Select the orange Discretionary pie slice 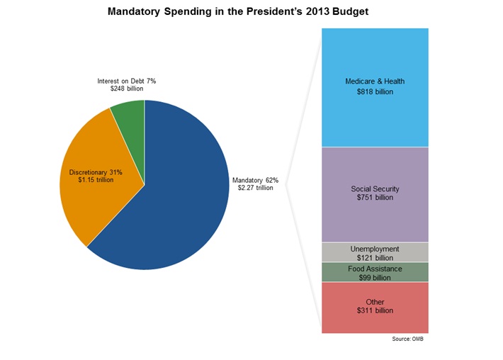92,198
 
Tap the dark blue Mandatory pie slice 177,206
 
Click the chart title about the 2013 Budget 238,12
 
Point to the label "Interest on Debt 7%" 127,81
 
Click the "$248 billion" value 127,90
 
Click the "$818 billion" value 375,92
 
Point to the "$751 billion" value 375,198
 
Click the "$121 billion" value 375,258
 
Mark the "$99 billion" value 375,278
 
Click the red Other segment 375,322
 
